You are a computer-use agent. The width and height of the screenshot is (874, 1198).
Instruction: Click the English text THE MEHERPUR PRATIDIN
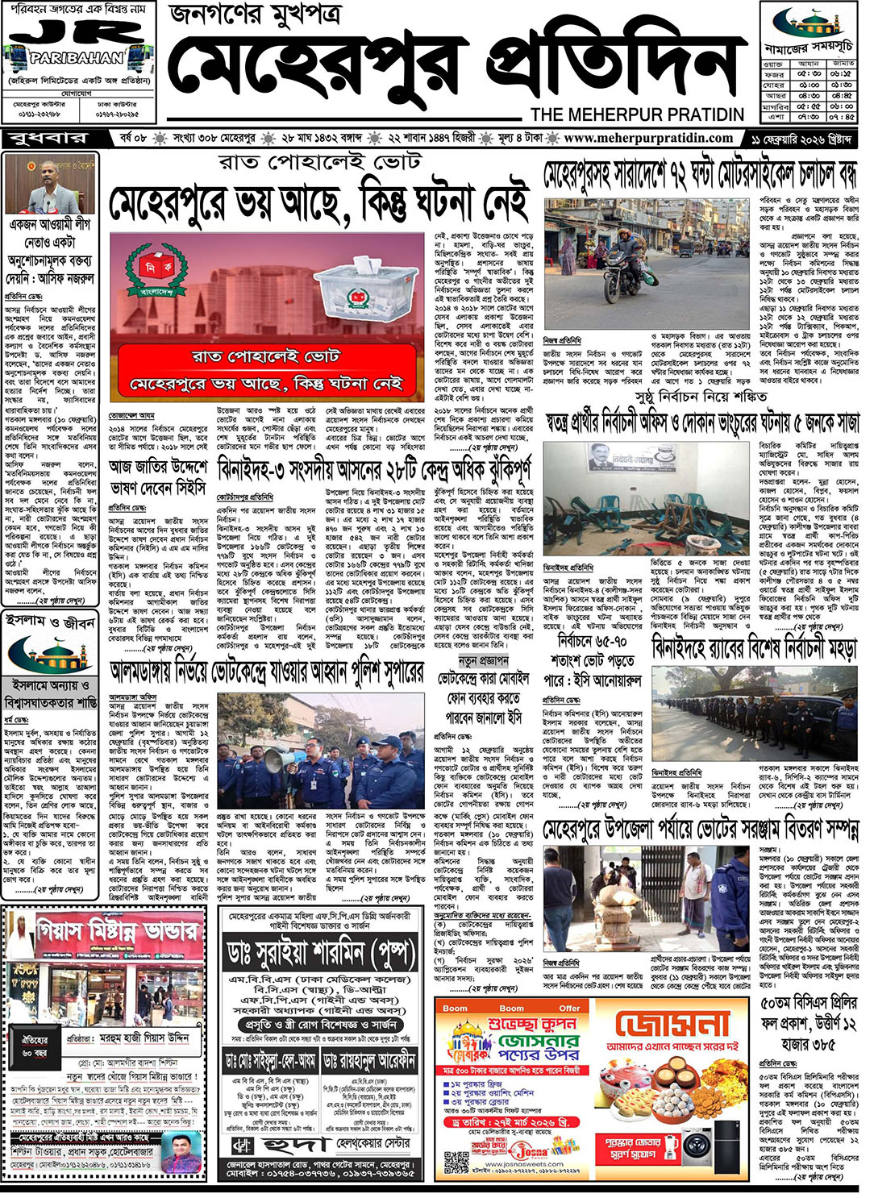637,114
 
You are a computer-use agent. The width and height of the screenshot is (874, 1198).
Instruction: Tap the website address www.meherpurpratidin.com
648,138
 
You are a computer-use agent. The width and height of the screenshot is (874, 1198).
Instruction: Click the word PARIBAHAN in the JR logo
77,58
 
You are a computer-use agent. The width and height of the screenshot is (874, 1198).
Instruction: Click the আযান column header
809,63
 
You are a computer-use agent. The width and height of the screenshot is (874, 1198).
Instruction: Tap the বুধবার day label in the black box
49,139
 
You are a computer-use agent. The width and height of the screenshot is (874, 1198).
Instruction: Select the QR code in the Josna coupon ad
456,1160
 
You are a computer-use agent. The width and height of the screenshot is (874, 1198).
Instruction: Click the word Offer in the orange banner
569,1008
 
